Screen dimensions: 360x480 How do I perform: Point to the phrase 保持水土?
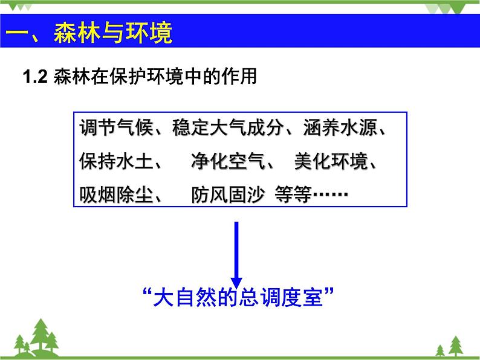tap(113, 162)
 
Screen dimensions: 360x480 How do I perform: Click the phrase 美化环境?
tap(330, 162)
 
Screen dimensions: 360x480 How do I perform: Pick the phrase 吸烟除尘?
tap(113, 194)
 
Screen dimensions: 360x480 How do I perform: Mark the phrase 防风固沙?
tap(228, 194)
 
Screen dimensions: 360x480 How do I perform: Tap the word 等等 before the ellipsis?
tap(292, 194)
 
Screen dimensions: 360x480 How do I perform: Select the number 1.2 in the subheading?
tap(34, 77)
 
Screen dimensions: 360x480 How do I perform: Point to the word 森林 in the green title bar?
tap(76, 33)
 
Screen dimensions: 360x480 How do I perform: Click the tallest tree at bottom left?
tap(42, 335)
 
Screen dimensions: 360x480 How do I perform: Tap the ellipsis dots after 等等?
tap(330, 194)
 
